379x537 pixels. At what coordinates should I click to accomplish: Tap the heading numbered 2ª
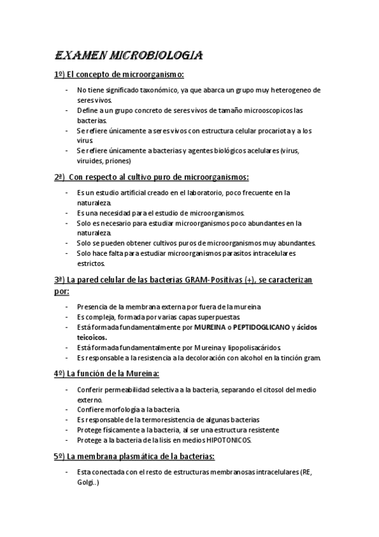(151, 177)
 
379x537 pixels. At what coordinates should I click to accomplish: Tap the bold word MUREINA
(211, 327)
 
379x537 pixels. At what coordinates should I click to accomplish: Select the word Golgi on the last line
(86, 481)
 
